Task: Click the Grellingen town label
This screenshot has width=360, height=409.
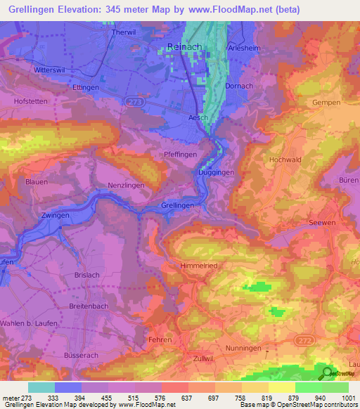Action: (177, 205)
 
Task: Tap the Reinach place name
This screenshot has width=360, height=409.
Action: (185, 47)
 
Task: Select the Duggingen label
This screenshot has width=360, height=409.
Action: (216, 171)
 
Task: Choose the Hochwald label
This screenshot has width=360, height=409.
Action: (285, 160)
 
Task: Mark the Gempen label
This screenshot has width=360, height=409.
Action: (326, 103)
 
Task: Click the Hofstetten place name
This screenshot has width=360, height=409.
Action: (29, 101)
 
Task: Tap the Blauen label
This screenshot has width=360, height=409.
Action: (36, 181)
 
